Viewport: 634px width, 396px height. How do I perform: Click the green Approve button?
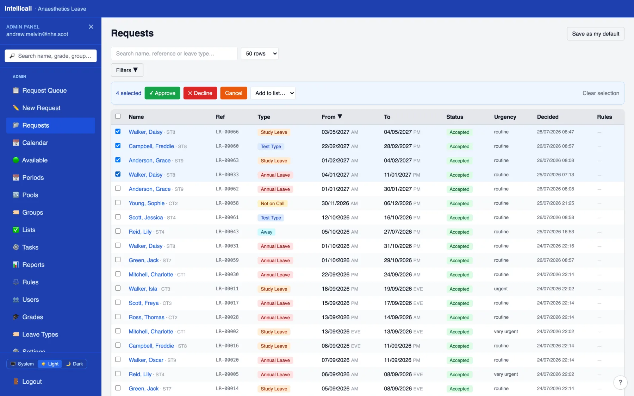162,93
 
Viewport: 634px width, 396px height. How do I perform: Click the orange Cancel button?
234,93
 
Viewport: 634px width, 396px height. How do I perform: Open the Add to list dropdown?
273,93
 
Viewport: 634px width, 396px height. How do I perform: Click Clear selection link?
601,93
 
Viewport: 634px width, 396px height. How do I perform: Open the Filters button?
127,70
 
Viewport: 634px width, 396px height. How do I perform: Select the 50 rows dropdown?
260,54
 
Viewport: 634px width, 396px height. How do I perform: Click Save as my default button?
596,34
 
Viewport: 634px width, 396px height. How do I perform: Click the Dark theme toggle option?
74,364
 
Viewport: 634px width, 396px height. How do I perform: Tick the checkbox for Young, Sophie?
118,203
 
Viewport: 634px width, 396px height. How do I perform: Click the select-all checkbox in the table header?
118,116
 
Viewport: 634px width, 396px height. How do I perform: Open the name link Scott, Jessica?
146,218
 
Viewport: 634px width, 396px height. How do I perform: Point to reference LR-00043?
227,232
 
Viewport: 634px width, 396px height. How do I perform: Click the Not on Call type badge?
272,203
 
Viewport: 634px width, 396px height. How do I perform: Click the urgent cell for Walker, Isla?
501,289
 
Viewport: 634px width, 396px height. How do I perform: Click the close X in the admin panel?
91,27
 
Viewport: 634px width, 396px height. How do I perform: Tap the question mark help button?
620,382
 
